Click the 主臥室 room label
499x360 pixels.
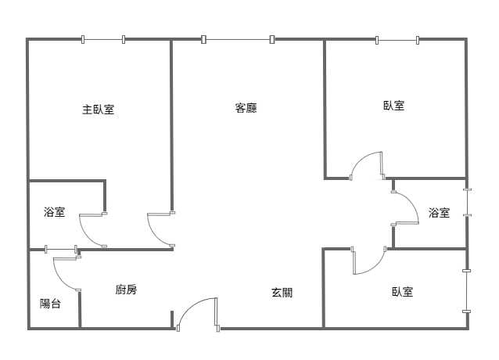click(98, 110)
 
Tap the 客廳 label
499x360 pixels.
click(246, 108)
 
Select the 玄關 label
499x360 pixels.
click(282, 293)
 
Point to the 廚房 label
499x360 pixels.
click(126, 290)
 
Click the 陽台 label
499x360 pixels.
click(50, 304)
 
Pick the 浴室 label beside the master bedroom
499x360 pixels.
click(55, 211)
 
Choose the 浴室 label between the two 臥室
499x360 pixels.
click(440, 212)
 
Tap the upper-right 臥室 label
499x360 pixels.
click(394, 106)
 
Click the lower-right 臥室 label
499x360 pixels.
click(403, 292)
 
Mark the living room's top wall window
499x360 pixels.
click(238, 39)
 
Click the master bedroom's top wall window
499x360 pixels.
click(103, 39)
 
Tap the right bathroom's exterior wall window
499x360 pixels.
click(467, 203)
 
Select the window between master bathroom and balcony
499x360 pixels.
click(61, 249)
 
